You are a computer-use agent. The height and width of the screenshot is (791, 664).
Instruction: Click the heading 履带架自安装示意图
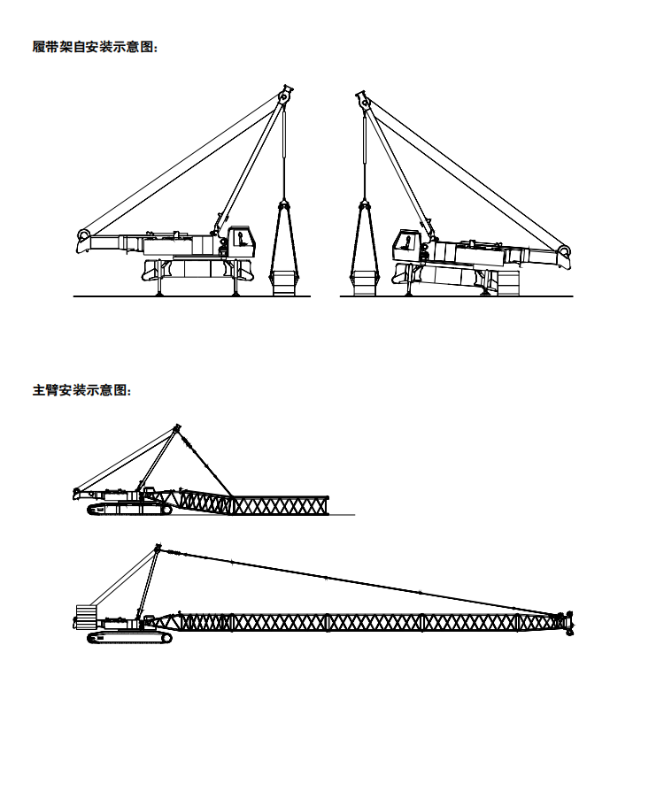[x=95, y=48]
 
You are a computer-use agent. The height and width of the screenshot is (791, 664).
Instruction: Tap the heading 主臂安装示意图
[x=81, y=390]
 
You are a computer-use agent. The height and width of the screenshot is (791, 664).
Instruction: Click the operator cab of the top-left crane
[x=242, y=242]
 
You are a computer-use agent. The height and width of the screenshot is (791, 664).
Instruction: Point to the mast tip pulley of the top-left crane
[x=285, y=95]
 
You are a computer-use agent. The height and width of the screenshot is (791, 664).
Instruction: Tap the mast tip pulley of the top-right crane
[x=363, y=101]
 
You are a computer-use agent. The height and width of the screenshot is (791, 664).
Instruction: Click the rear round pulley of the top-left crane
[x=83, y=235]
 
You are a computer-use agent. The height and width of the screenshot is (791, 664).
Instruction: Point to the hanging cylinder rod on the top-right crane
[x=364, y=157]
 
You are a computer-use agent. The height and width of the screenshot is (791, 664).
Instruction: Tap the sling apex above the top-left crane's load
[x=284, y=204]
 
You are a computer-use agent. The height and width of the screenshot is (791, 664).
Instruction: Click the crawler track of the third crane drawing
[x=130, y=509]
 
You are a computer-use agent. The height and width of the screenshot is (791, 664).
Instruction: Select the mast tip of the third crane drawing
[x=177, y=427]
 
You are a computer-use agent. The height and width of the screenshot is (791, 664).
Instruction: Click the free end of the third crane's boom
[x=328, y=505]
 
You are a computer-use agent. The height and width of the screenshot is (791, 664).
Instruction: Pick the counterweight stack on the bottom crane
[x=85, y=617]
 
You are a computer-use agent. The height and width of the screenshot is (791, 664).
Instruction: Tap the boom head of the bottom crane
[x=566, y=623]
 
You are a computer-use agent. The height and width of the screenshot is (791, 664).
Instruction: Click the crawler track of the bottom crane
[x=130, y=638]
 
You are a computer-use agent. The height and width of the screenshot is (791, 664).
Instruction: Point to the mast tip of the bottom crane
[x=158, y=548]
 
